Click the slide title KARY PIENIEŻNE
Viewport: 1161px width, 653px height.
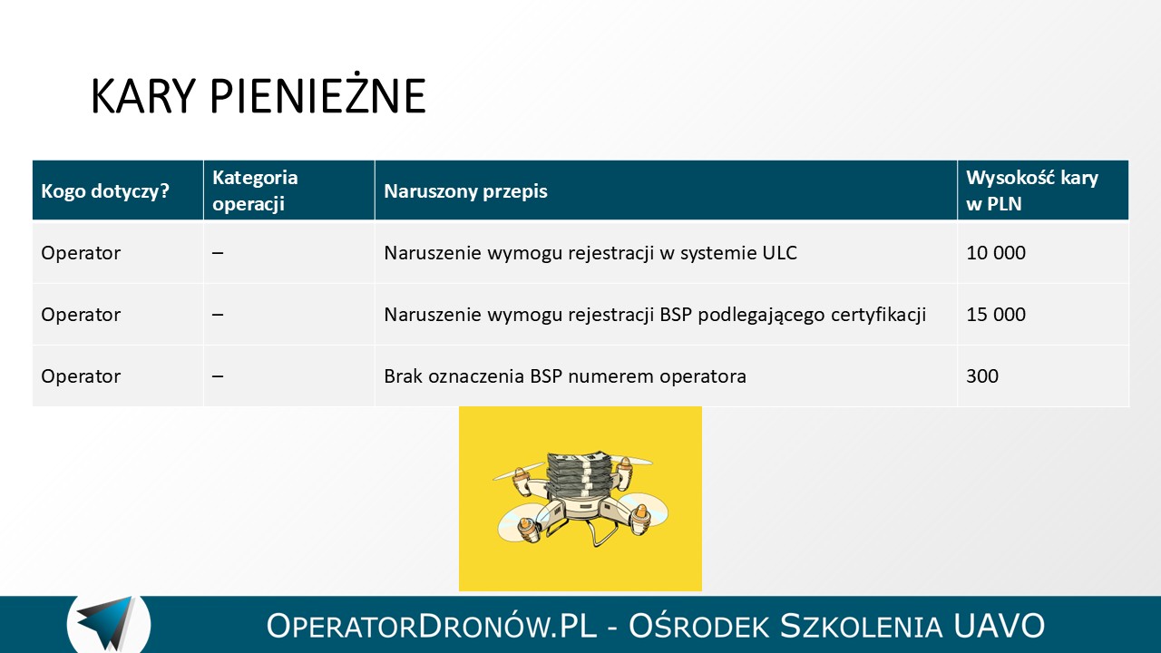click(x=259, y=95)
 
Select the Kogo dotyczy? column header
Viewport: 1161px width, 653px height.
click(x=105, y=191)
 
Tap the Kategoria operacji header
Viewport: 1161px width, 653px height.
click(x=255, y=190)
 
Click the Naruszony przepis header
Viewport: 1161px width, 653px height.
click(x=465, y=191)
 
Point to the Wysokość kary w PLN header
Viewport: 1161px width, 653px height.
click(x=1032, y=190)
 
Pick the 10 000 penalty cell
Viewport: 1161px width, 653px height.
click(x=996, y=253)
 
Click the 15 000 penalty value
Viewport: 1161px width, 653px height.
click(x=996, y=315)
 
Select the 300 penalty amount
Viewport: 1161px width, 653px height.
click(x=982, y=376)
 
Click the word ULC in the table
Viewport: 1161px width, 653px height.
click(x=779, y=253)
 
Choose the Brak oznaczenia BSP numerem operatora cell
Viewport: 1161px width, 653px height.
click(x=565, y=376)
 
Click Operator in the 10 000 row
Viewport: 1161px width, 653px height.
click(x=81, y=253)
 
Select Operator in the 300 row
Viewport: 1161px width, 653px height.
click(x=81, y=376)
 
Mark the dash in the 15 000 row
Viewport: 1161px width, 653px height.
click(x=218, y=315)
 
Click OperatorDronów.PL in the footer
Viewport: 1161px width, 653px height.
click(x=432, y=626)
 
